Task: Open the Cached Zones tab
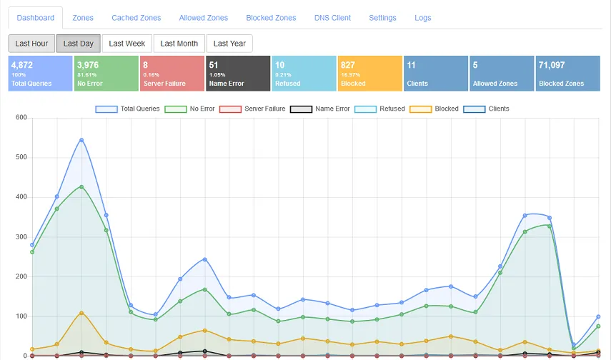[x=136, y=18]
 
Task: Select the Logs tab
[x=423, y=18]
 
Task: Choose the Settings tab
[x=382, y=18]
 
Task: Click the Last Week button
[x=126, y=44]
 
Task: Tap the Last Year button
[x=229, y=44]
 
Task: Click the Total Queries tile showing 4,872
[x=40, y=74]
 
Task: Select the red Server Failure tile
[x=172, y=74]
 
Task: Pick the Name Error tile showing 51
[x=237, y=74]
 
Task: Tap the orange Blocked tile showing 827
[x=369, y=74]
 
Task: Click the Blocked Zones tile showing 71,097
[x=568, y=74]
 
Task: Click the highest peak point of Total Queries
[x=81, y=140]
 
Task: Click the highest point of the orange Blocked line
[x=81, y=313]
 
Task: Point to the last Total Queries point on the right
[x=598, y=316]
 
